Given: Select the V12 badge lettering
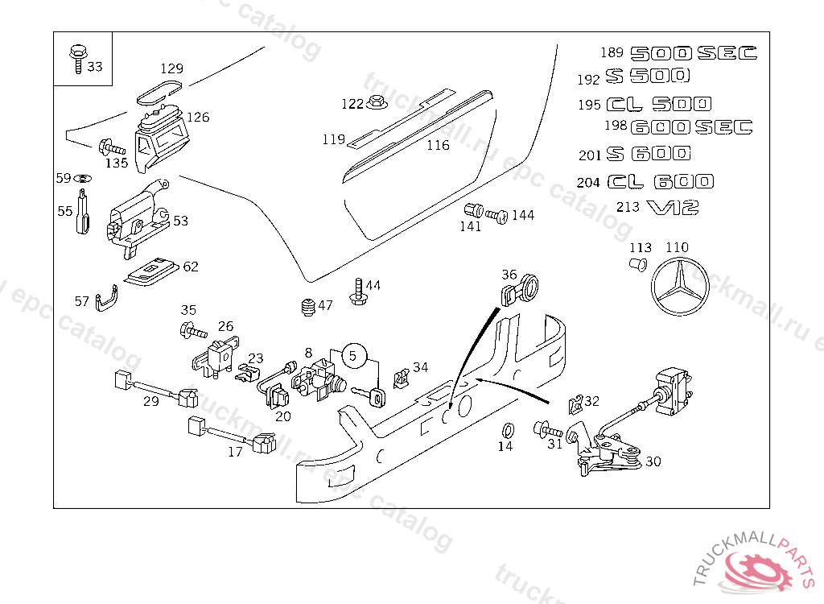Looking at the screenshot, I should click(673, 208).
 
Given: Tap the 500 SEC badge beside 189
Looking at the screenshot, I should click(693, 54).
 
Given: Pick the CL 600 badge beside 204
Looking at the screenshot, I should click(659, 182).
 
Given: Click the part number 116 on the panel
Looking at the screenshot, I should click(438, 146).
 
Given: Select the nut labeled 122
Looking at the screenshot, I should click(376, 103).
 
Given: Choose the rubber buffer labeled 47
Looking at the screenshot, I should click(306, 307).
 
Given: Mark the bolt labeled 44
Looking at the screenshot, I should click(358, 292).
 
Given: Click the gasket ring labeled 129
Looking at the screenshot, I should click(159, 92).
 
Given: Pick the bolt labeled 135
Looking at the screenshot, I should click(110, 148).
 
